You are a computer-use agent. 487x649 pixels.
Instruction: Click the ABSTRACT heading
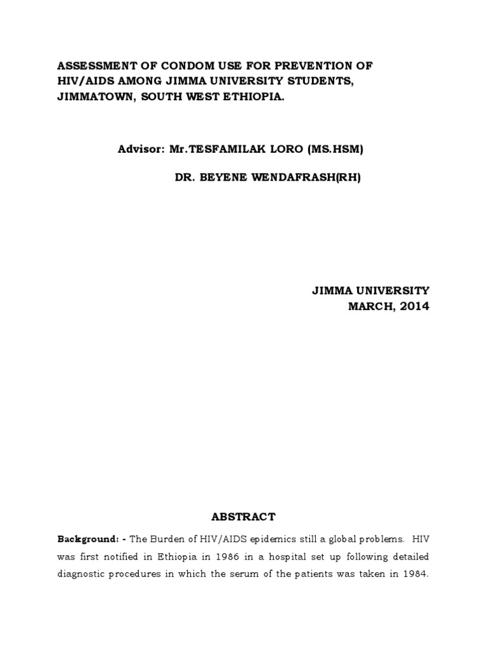point(243,517)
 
